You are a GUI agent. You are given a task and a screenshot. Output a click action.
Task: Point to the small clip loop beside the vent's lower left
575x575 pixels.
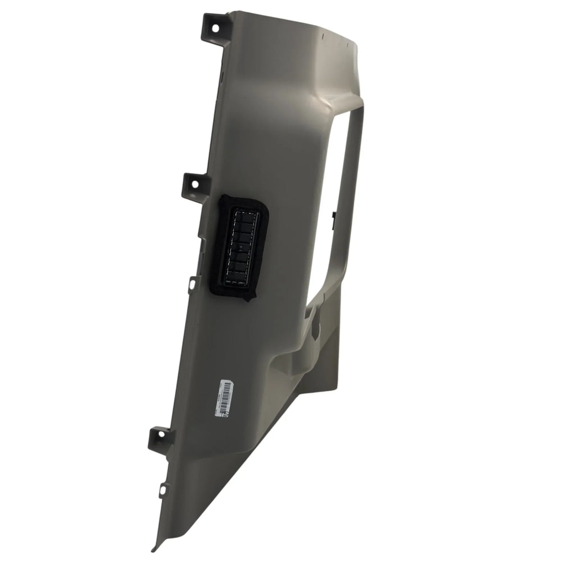pos(192,284)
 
